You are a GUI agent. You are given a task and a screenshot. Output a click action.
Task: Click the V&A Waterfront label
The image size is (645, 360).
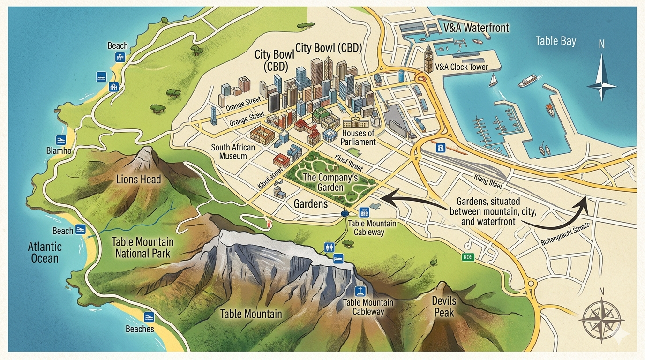(x=476, y=28)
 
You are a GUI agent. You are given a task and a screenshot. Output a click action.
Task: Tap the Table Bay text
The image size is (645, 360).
(x=555, y=41)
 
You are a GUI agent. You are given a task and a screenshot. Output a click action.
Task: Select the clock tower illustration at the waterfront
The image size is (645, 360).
(x=428, y=59)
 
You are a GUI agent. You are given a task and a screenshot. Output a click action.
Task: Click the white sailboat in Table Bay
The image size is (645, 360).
(x=493, y=81)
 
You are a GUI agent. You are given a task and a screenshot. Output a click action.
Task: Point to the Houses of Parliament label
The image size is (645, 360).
(x=358, y=138)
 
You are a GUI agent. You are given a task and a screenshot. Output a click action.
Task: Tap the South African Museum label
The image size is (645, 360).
(x=233, y=151)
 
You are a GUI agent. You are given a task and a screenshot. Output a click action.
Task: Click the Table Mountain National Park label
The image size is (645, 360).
(x=142, y=248)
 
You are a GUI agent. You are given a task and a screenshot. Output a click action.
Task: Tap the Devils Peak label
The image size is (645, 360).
(x=443, y=307)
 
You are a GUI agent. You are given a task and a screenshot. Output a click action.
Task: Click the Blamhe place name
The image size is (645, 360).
(x=59, y=150)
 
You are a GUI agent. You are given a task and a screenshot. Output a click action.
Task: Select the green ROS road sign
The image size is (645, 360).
(x=468, y=257)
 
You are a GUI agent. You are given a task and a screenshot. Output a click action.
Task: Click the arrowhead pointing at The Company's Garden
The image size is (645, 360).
(x=385, y=198)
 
